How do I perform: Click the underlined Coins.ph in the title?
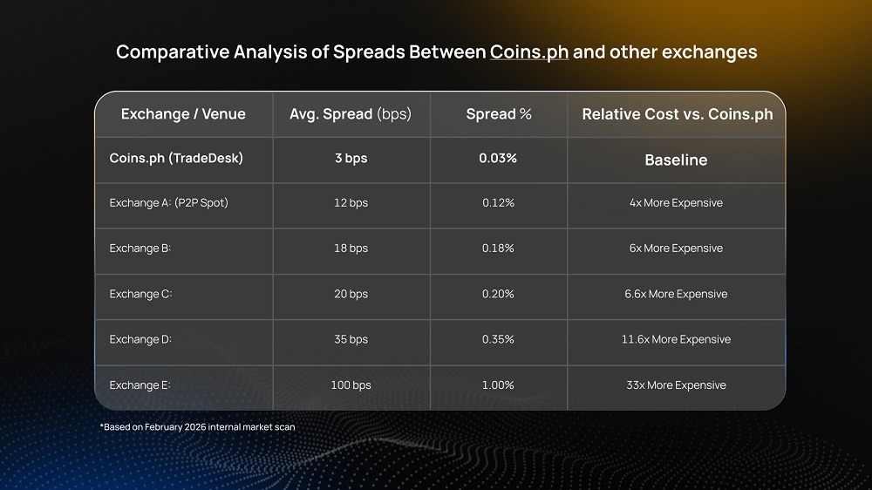point(529,52)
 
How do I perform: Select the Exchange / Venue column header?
point(183,114)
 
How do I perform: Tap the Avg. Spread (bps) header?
point(350,114)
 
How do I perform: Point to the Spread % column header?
point(499,114)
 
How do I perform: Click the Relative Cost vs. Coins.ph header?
point(677,114)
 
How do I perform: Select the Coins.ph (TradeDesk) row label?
point(176,159)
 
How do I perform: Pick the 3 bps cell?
point(351,159)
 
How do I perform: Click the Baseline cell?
point(676,160)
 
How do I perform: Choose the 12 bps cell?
point(351,203)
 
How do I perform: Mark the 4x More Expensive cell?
point(676,203)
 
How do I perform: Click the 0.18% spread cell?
point(498,248)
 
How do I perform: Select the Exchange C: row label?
point(140,294)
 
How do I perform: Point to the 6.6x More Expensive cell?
point(676,294)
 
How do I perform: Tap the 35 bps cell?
point(351,339)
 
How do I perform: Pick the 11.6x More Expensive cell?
point(676,339)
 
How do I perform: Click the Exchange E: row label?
point(140,385)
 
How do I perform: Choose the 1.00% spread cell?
point(498,385)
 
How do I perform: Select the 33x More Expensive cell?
point(676,385)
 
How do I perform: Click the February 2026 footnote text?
point(197,427)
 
